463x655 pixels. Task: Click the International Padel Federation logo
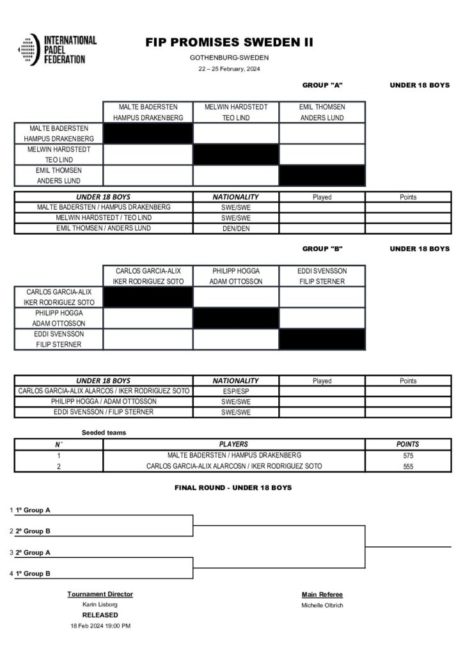click(x=58, y=49)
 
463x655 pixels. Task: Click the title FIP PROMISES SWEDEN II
click(x=229, y=43)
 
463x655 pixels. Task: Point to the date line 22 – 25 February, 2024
click(x=229, y=68)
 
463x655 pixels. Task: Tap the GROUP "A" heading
click(x=322, y=84)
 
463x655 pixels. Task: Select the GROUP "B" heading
click(x=322, y=249)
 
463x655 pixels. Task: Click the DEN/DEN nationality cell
click(x=235, y=228)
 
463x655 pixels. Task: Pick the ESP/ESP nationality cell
click(x=235, y=391)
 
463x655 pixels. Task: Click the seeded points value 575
click(x=408, y=455)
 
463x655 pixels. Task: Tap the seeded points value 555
click(x=408, y=466)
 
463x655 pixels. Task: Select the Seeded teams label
click(x=104, y=432)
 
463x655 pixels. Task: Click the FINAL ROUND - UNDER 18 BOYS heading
click(x=233, y=487)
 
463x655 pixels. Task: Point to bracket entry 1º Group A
click(x=33, y=510)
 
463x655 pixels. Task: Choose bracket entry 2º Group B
click(x=33, y=531)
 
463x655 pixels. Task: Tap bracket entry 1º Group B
click(x=33, y=574)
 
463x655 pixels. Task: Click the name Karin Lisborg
click(x=100, y=604)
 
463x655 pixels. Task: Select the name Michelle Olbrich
click(x=322, y=605)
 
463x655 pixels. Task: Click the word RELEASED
click(x=100, y=615)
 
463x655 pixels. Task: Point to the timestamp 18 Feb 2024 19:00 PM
click(x=100, y=626)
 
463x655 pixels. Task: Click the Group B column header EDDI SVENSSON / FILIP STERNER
click(x=322, y=276)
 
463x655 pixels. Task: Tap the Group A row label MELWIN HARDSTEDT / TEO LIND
click(x=59, y=154)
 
